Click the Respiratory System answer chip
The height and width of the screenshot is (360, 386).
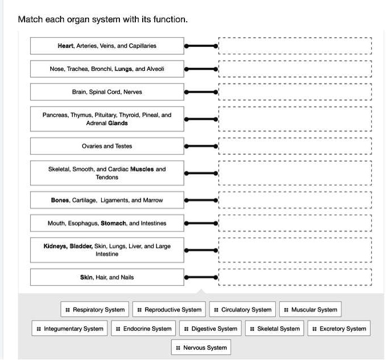coord(95,309)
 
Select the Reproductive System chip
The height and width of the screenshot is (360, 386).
coord(169,309)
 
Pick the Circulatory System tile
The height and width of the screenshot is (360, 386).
coord(242,309)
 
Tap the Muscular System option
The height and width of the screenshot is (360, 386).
coord(310,309)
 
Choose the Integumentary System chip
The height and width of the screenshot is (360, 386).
coord(70,328)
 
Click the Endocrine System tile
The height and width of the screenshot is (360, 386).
coord(143,328)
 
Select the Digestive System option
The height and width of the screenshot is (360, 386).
coord(210,328)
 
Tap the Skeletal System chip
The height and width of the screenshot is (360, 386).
coord(275,328)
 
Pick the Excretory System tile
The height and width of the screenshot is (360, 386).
coord(339,328)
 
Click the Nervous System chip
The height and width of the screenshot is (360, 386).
coord(201,347)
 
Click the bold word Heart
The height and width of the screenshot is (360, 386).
coord(66,46)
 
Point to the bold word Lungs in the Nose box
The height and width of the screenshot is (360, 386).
coord(123,69)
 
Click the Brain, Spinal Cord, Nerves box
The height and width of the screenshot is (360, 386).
coord(107,92)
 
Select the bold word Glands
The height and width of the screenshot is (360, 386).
coord(118,123)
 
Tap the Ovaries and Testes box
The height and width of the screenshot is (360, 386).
coord(107,146)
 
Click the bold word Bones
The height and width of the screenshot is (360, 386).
coord(60,200)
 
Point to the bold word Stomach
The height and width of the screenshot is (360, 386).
coord(113,223)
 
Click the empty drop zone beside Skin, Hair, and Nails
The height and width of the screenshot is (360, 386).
coord(295,277)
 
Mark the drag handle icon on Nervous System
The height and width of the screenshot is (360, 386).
coord(178,347)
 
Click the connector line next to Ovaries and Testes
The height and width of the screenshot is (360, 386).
coord(201,146)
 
